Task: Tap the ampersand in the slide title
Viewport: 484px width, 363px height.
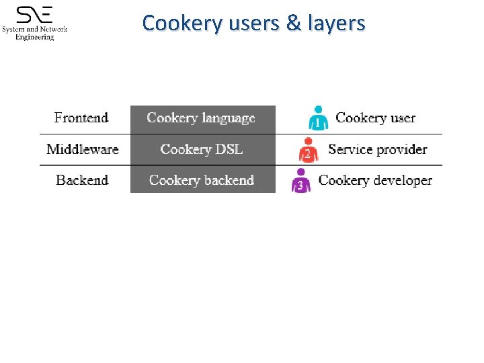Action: pos(294,24)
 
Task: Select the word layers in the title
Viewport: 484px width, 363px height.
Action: pos(335,24)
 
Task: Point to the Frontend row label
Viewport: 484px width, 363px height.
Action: pos(81,118)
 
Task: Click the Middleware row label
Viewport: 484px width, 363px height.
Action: pos(83,149)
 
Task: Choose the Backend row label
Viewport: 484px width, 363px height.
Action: pos(82,180)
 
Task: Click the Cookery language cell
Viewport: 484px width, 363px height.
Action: pos(201,118)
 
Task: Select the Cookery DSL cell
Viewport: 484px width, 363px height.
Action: pos(201,149)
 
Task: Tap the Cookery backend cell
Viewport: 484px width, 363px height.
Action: pos(202,180)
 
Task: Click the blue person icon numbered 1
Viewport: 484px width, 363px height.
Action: pos(318,118)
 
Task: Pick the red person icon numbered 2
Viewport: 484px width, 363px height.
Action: pos(308,150)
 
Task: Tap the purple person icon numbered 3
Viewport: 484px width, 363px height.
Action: pos(300,181)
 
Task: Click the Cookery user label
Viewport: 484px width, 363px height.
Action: pos(375,118)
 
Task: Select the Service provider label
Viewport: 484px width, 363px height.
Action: pos(377,149)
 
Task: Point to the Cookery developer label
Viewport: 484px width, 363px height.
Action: pos(375,180)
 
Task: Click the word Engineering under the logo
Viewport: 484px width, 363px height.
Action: pos(35,38)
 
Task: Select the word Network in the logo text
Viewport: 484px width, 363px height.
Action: pos(52,30)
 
